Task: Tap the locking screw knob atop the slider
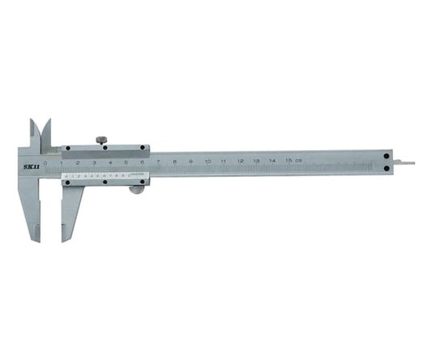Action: pyautogui.click(x=101, y=140)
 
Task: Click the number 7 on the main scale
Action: pyautogui.click(x=158, y=162)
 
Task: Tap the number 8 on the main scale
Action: pyautogui.click(x=174, y=162)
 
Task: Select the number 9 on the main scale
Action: pyautogui.click(x=190, y=162)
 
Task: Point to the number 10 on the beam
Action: pyautogui.click(x=207, y=162)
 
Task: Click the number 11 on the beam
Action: pyautogui.click(x=224, y=162)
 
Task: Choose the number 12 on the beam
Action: pyautogui.click(x=240, y=162)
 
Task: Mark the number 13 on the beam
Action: pyautogui.click(x=256, y=162)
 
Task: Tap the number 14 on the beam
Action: pyautogui.click(x=272, y=162)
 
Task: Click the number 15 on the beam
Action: pyautogui.click(x=289, y=162)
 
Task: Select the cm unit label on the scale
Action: pyautogui.click(x=299, y=162)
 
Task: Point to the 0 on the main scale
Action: pyautogui.click(x=45, y=162)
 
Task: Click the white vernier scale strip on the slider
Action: pyautogui.click(x=96, y=175)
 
